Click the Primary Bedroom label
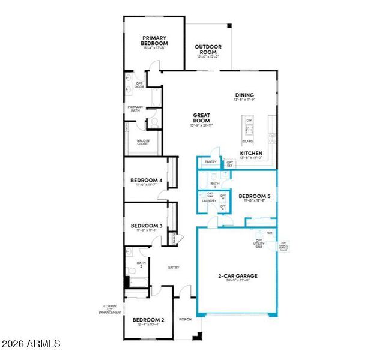tap(154, 41)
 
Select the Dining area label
tap(244, 95)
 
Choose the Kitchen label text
tap(251, 154)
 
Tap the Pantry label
tap(210, 161)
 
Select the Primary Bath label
tap(135, 109)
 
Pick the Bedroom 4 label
tap(147, 181)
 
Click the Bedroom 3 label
tap(147, 226)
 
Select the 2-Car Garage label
tap(237, 277)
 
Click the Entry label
tap(174, 268)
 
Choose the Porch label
tap(185, 319)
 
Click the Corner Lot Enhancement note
tap(111, 310)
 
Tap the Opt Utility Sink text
tap(259, 243)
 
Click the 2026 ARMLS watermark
tap(31, 344)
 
